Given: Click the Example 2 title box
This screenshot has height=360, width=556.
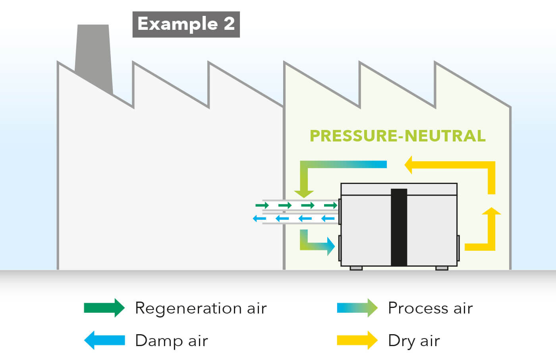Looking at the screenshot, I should (186, 24).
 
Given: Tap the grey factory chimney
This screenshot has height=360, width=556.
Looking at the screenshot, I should (93, 56).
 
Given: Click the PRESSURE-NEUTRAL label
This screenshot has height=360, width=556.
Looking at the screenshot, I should (398, 136).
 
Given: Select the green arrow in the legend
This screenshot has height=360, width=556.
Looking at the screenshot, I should (104, 308).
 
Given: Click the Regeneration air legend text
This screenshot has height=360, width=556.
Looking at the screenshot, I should (201, 308).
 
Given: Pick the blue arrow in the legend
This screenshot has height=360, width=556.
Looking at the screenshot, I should (104, 340).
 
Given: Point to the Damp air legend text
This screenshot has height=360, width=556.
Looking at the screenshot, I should (171, 341).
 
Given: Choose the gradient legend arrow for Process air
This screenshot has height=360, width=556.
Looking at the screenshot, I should (357, 308).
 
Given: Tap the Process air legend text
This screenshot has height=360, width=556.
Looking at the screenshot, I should (430, 308).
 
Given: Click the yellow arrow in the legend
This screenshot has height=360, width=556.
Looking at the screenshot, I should (357, 340).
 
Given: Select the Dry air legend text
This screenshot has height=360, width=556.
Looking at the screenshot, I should (414, 341).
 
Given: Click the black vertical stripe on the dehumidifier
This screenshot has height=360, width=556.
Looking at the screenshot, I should (399, 227).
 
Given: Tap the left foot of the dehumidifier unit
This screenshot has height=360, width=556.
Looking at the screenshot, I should (356, 268).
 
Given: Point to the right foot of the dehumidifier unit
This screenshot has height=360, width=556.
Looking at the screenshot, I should (442, 268).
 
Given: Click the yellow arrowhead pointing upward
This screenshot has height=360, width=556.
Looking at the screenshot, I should (491, 212).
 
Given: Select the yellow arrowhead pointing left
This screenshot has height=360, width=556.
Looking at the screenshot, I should (409, 165).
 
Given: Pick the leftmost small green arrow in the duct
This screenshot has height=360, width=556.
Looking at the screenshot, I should (262, 205).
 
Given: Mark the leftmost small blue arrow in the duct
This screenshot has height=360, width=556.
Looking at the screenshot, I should (259, 219).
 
